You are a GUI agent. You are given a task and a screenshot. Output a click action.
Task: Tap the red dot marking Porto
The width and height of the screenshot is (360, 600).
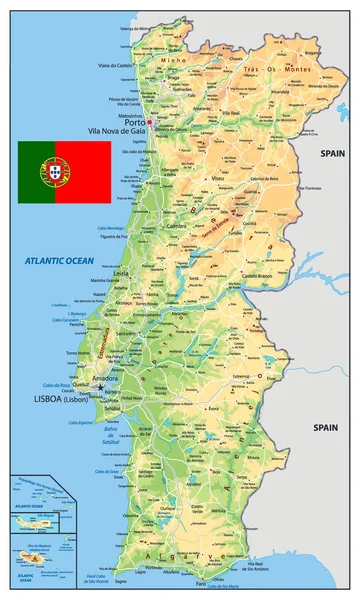(148, 123)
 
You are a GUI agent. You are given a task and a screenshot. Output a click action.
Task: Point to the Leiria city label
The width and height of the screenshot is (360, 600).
(120, 272)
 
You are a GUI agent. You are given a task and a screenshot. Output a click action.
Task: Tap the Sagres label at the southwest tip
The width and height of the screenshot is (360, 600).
(122, 580)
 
